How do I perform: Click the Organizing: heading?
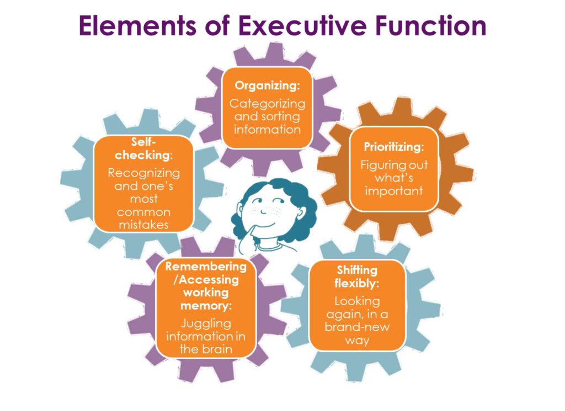(267, 86)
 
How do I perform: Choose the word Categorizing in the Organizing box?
(267, 103)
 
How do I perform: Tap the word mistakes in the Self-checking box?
(143, 225)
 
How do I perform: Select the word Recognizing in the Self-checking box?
(143, 173)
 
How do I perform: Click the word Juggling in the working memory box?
(205, 323)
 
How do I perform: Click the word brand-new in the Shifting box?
(357, 327)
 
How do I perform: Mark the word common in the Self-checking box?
(143, 212)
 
